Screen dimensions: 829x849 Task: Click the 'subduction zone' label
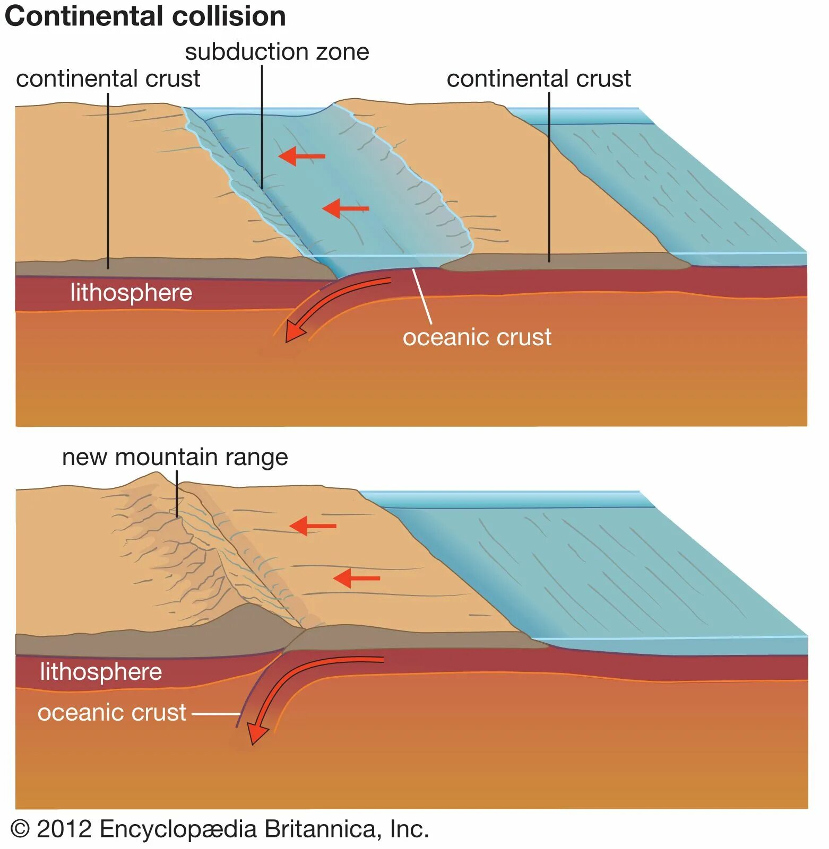[277, 52]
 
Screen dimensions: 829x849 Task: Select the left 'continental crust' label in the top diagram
[108, 79]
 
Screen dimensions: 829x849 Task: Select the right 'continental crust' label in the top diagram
[538, 79]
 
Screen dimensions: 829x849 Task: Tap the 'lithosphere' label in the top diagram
[131, 293]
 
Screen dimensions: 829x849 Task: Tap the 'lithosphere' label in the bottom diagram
[101, 672]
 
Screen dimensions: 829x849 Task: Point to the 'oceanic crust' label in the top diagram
[477, 337]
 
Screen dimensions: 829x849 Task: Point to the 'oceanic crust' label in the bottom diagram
[111, 713]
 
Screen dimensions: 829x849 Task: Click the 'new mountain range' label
[175, 457]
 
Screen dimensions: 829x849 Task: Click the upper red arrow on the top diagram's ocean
[301, 156]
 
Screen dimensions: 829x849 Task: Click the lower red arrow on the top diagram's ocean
[345, 208]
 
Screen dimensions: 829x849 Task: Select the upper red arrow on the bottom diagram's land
[312, 526]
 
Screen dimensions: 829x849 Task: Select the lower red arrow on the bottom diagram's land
[356, 577]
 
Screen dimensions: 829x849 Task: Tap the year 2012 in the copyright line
[64, 829]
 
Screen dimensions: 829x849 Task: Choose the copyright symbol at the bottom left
[20, 829]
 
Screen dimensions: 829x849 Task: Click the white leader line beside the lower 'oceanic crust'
[215, 714]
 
